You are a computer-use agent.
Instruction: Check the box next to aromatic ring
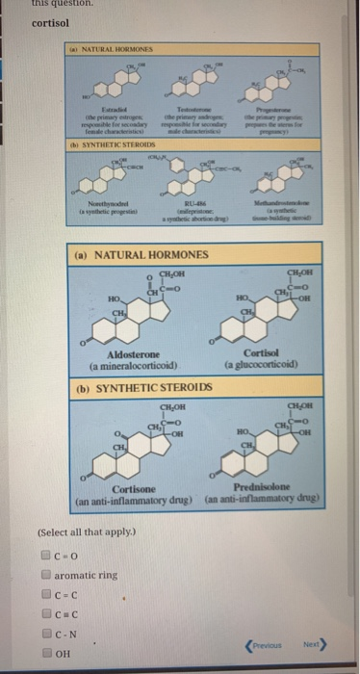tap(44, 574)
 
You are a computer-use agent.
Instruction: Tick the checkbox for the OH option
tap(44, 654)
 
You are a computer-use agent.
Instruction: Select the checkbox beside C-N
tap(44, 635)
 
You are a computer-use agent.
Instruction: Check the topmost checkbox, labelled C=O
tap(44, 554)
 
